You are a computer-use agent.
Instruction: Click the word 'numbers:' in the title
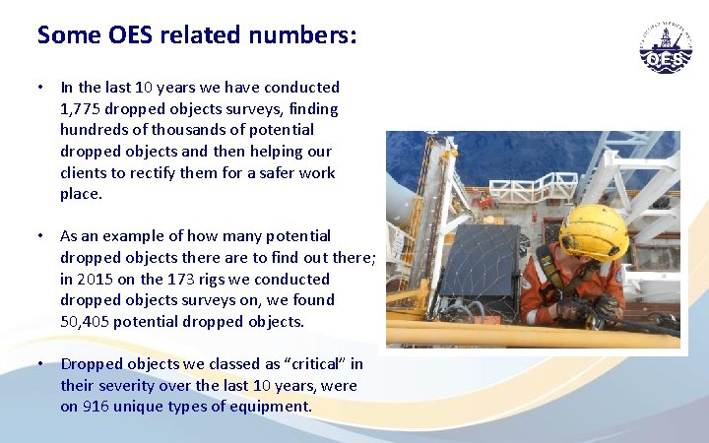tap(307, 35)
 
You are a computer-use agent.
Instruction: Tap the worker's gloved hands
tap(581, 311)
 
